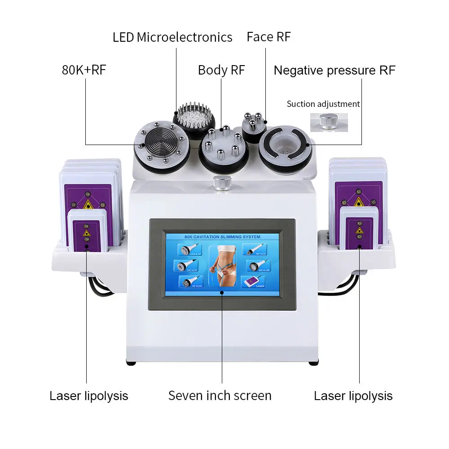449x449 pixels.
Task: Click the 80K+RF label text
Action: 84,70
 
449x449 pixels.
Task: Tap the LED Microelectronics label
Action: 172,37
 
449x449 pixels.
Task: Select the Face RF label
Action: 269,37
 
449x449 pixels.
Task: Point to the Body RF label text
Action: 221,70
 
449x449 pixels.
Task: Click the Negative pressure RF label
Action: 335,70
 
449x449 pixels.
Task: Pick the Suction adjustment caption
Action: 323,104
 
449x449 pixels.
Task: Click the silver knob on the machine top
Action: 221,183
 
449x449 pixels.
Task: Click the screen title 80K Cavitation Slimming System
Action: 222,237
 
